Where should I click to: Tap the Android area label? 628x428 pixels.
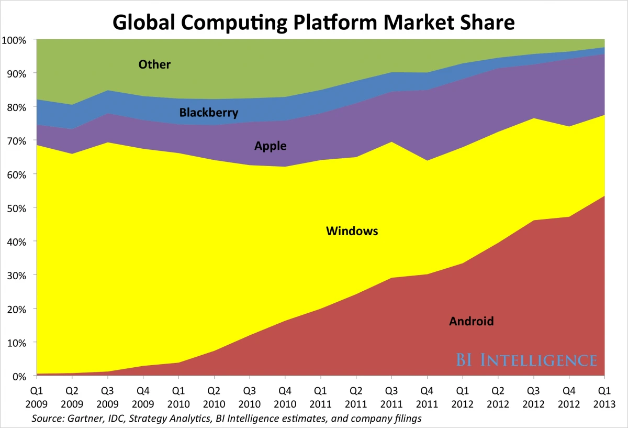click(471, 321)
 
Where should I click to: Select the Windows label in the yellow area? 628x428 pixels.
click(352, 231)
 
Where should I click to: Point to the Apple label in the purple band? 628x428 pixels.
click(270, 146)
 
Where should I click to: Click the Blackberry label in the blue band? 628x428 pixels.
click(208, 113)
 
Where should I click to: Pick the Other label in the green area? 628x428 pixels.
click(154, 64)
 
